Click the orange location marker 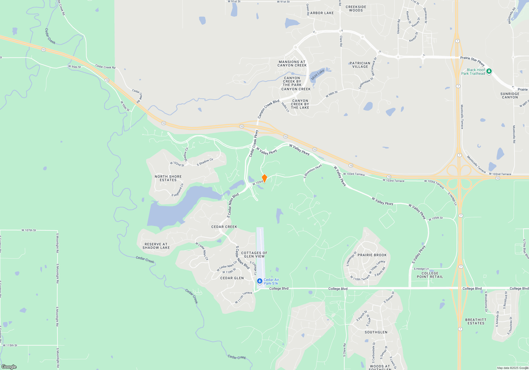pos(264,178)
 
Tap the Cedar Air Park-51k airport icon pos(259,281)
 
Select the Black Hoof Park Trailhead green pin pos(489,71)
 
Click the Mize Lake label pos(317,75)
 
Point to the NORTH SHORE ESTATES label pos(168,178)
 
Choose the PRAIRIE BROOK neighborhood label pos(372,255)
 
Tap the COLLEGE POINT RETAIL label pos(430,275)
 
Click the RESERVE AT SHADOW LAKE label pos(156,246)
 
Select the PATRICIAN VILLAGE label pos(360,65)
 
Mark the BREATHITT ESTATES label pos(476,322)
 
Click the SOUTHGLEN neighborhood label pos(376,332)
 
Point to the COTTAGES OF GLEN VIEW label pos(254,255)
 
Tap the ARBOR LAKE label pos(322,13)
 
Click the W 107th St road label pos(29,230)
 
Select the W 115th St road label pos(10,345)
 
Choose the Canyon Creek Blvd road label pos(268,109)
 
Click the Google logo pos(9,367)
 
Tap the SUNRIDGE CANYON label pos(510,96)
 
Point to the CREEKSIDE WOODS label pos(356,9)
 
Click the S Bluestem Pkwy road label pos(313,171)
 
